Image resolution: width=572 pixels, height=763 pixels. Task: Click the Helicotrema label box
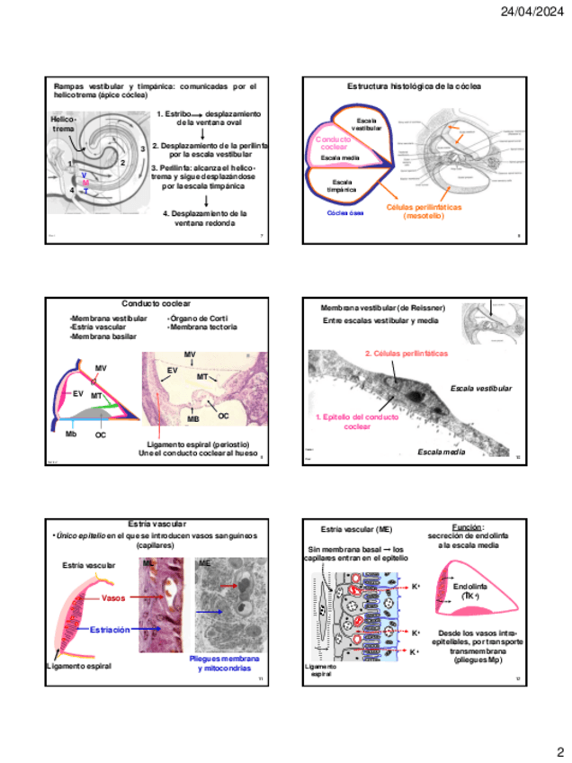64,124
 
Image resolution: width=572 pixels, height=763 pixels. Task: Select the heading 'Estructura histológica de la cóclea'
415,86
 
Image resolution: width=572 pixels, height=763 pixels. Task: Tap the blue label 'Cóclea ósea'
345,213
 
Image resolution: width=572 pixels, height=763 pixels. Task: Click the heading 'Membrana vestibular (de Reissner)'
378,309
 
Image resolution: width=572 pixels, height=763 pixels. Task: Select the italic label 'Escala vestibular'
481,389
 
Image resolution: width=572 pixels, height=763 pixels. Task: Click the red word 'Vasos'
113,597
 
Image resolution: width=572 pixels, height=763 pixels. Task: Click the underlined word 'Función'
467,527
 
